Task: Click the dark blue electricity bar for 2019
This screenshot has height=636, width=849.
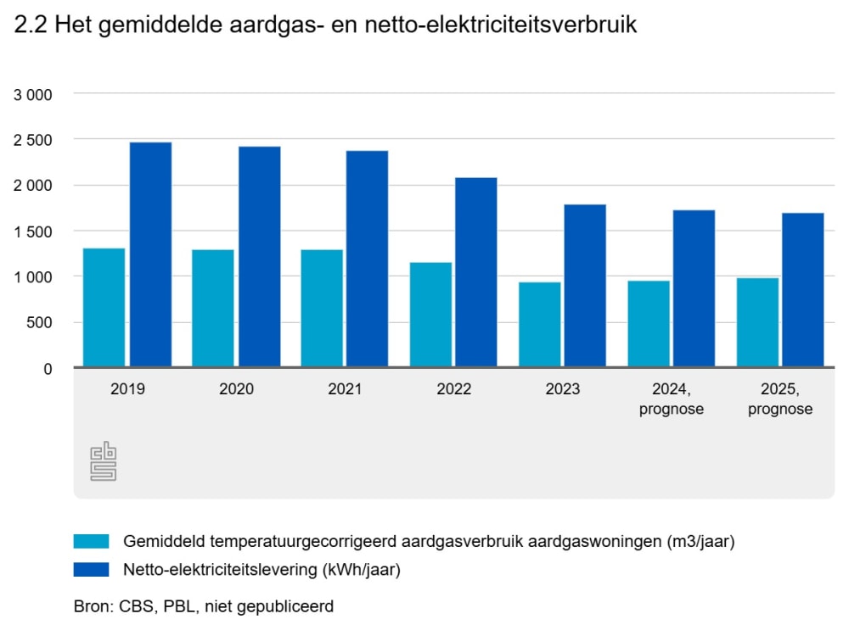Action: pyautogui.click(x=150, y=254)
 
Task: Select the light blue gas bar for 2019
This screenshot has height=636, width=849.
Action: pyautogui.click(x=104, y=308)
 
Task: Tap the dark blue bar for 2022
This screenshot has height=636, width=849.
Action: pyautogui.click(x=476, y=272)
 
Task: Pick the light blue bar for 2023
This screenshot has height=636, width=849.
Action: pyautogui.click(x=539, y=325)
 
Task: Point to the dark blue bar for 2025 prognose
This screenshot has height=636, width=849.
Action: pyautogui.click(x=802, y=290)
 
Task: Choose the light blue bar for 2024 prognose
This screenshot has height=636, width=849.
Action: pyautogui.click(x=648, y=324)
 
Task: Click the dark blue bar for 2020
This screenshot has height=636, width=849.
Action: pyautogui.click(x=259, y=257)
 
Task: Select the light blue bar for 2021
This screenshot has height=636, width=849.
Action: pyautogui.click(x=321, y=309)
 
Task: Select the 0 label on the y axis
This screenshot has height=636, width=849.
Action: pyautogui.click(x=48, y=368)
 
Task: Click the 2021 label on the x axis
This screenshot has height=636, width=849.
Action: pyautogui.click(x=345, y=390)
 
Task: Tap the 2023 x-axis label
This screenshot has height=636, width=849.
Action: pyautogui.click(x=562, y=390)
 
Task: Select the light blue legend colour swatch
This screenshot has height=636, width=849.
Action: pyautogui.click(x=92, y=541)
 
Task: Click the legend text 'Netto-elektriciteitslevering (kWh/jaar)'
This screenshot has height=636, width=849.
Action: pyautogui.click(x=261, y=570)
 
